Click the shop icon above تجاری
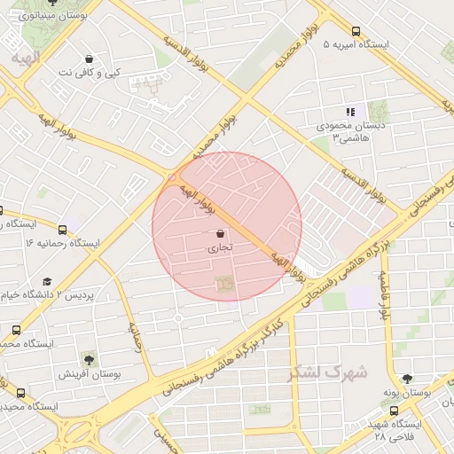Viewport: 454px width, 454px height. [x=219, y=233]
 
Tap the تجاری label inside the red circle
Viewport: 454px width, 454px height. [x=218, y=249]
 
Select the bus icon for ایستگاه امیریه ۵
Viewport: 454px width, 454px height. [x=356, y=29]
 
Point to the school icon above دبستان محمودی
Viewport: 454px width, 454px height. [x=350, y=112]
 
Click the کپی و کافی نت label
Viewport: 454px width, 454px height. [x=89, y=72]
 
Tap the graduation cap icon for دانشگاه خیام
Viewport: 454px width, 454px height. [x=47, y=281]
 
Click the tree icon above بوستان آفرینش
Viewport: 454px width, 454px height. [x=89, y=358]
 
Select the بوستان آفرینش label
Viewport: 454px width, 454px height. [x=89, y=374]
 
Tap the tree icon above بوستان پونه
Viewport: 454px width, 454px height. [x=407, y=379]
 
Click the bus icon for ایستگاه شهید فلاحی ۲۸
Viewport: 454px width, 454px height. [x=395, y=411]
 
